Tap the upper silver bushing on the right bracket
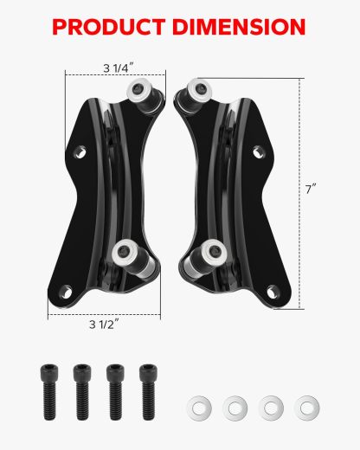(196, 87)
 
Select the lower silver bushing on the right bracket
(209, 252)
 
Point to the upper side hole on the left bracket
(81, 153)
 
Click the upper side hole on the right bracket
(257, 152)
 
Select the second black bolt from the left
(82, 389)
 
